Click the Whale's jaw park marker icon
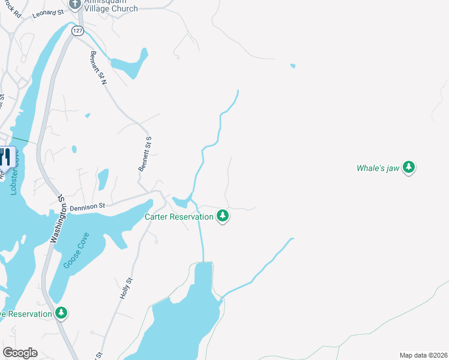point(409,167)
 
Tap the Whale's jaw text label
point(378,169)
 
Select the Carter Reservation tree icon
point(223,216)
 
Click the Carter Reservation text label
point(179,217)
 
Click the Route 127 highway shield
point(77,31)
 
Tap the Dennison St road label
point(87,206)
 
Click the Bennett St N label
point(97,68)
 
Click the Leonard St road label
point(48,13)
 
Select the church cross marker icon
point(75,4)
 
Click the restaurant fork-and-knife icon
point(5,157)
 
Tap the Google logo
point(20,353)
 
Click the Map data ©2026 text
point(423,355)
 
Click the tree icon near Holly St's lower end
point(61,313)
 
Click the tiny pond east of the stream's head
point(292,66)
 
